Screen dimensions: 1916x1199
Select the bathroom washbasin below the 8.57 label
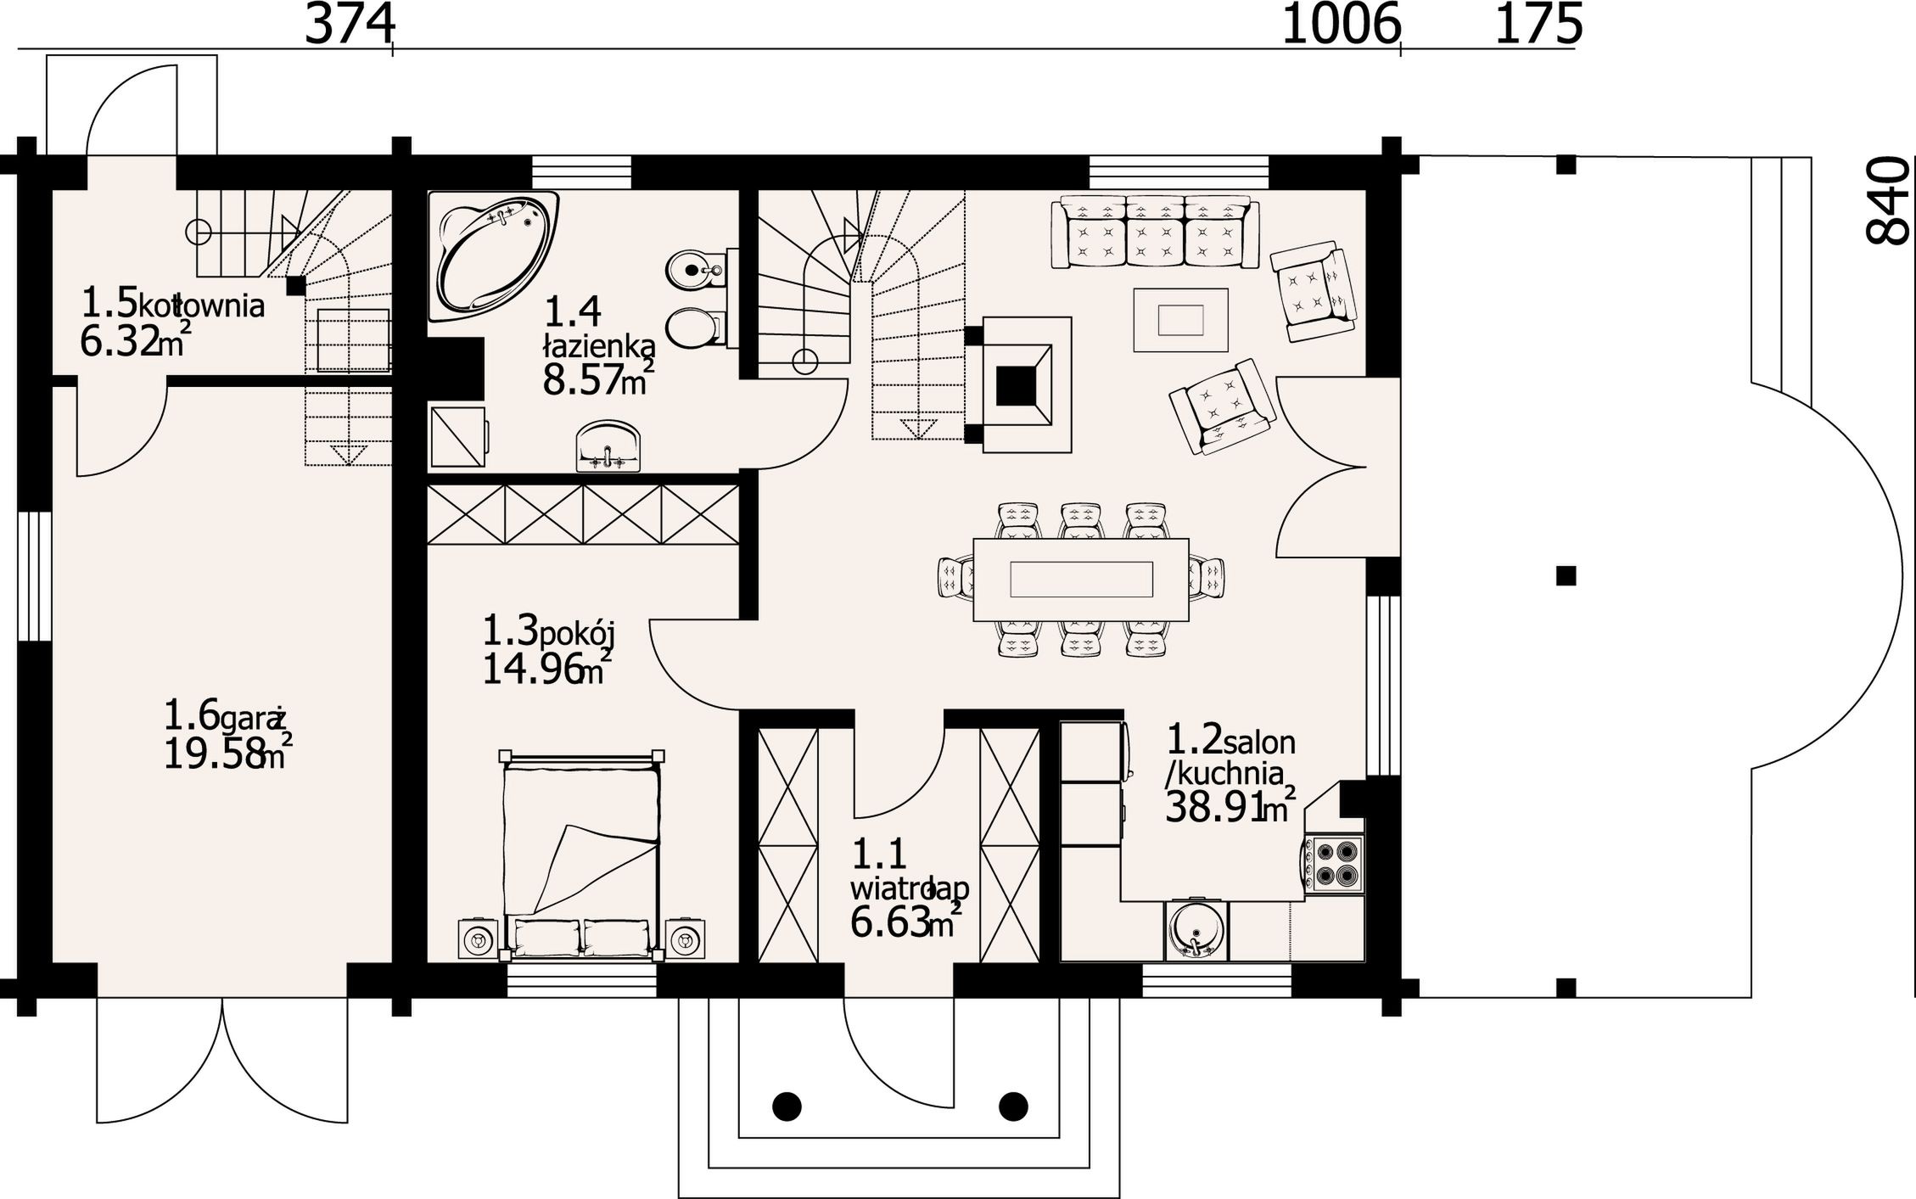(x=608, y=446)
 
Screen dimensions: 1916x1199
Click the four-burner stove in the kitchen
(x=1334, y=864)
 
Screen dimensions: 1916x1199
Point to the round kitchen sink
(x=1196, y=929)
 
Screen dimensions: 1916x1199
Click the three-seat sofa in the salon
(x=1155, y=233)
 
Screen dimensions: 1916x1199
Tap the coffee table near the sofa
(x=1180, y=320)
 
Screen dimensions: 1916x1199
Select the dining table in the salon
(x=1081, y=580)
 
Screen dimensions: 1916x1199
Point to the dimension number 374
(x=349, y=25)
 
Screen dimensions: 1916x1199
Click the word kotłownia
(x=201, y=305)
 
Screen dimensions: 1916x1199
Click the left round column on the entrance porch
(x=787, y=1106)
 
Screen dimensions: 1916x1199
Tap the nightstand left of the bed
(x=479, y=939)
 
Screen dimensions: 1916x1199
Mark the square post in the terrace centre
(x=1566, y=576)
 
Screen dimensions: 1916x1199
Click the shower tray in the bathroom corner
(x=458, y=437)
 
